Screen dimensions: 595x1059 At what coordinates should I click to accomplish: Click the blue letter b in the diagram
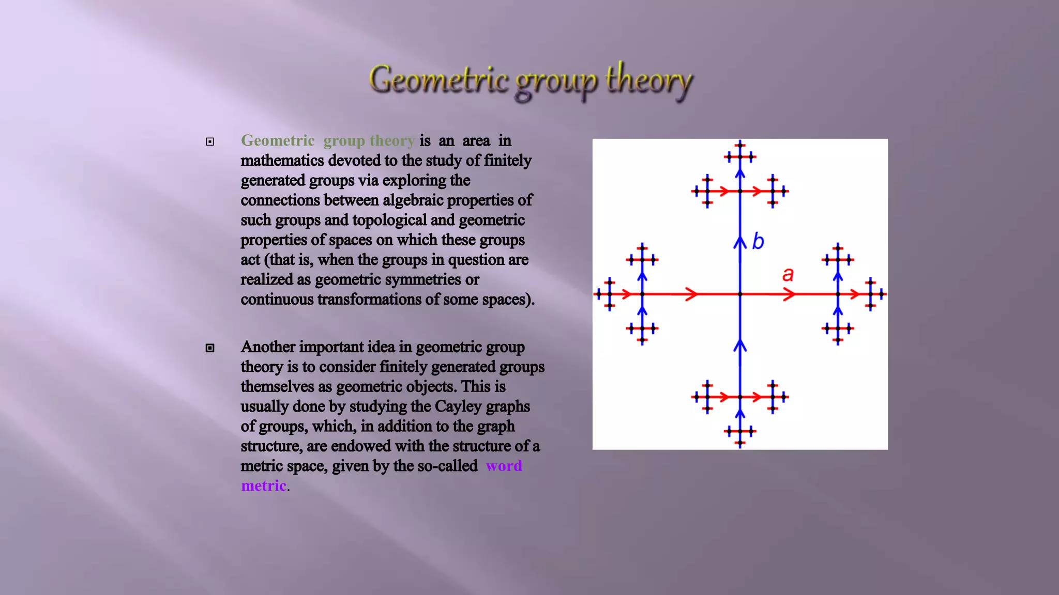[758, 241]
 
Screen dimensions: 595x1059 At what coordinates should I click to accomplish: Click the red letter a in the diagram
[788, 274]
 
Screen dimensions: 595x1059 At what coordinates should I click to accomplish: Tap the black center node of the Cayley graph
[740, 294]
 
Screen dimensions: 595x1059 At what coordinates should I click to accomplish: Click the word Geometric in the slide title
[438, 81]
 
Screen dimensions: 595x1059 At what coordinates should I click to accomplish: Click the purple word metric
[264, 486]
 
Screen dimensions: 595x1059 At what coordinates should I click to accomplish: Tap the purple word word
[504, 466]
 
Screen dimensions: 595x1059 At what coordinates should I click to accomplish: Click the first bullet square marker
[210, 142]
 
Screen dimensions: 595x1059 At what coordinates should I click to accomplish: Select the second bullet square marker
[210, 348]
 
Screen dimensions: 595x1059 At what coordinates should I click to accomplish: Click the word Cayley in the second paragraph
[455, 406]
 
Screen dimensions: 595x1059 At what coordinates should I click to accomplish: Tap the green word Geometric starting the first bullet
[278, 140]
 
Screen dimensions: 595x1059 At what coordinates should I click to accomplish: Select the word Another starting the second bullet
[267, 347]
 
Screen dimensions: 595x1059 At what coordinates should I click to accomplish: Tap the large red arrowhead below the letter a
[789, 294]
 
